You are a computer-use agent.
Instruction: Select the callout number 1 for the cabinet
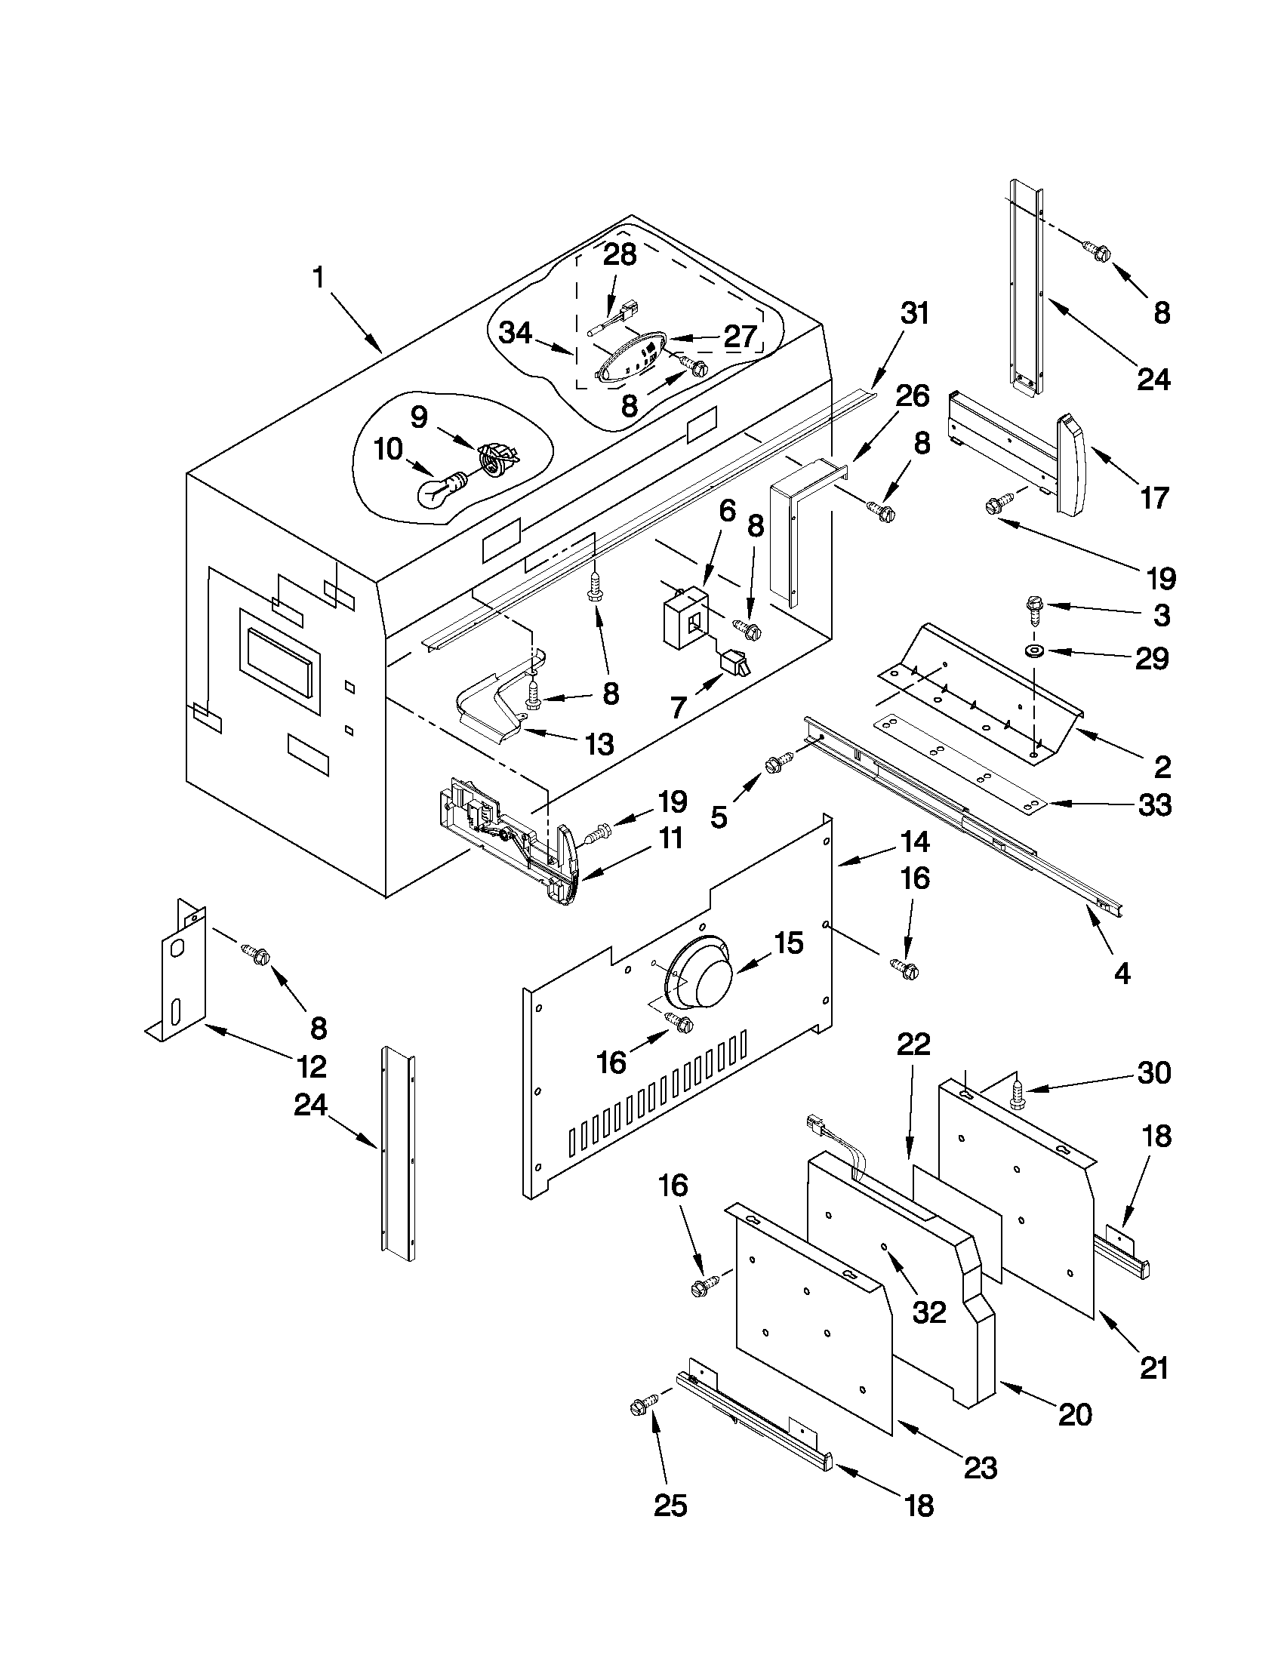pos(318,278)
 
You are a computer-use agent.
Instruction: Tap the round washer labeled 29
pos(1033,651)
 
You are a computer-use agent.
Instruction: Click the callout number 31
pos(913,313)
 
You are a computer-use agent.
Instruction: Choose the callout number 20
pos(1075,1414)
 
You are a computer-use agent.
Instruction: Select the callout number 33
pos(1153,805)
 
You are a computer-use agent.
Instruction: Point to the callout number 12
pos(312,1067)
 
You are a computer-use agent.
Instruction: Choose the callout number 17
pos(1153,498)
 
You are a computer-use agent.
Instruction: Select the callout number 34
pos(515,333)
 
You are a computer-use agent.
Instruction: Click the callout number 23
pos(980,1488)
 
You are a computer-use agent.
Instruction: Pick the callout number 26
pos(912,396)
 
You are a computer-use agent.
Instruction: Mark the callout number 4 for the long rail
pos(1122,974)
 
